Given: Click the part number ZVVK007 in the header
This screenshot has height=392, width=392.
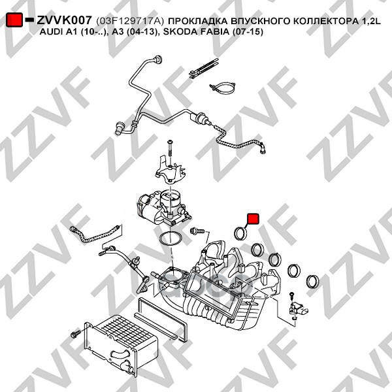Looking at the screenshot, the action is point(65,20).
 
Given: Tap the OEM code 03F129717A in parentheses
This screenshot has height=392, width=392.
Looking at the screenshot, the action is point(130,21).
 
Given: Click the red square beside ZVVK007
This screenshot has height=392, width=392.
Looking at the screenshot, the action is point(14,20).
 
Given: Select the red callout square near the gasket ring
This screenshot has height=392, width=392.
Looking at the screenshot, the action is point(253,218).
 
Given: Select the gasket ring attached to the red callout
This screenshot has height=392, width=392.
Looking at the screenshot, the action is point(240,233).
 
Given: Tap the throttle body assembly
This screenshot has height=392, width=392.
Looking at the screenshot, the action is point(163,208).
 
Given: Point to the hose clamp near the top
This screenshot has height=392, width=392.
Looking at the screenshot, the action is point(222,88).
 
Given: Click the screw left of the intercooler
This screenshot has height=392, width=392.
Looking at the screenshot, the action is point(76,334).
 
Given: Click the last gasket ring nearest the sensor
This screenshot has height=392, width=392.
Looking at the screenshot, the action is point(312,282).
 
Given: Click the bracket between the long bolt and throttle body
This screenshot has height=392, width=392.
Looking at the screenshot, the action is point(171,171).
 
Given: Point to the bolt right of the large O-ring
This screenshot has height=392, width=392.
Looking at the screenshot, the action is point(197,231).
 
